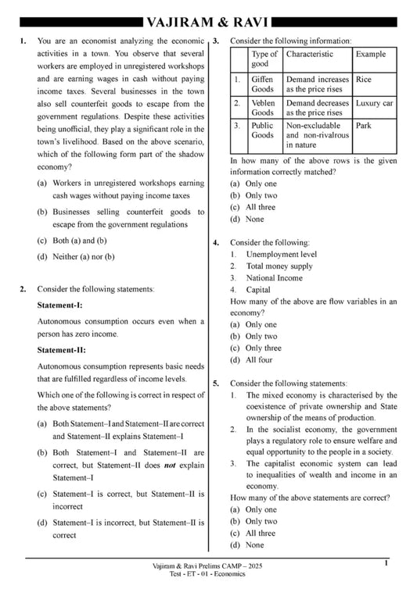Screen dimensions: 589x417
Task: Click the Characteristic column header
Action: coord(309,54)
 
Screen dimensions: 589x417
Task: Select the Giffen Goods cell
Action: coord(262,84)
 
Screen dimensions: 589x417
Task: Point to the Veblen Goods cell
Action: coord(262,108)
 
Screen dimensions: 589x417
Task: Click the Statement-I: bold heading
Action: coord(59,305)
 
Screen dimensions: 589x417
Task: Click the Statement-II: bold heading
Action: coord(60,350)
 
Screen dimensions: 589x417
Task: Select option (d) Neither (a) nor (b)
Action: coord(75,256)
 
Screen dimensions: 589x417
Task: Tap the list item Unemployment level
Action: coord(281,255)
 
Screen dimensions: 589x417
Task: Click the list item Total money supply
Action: coord(279,266)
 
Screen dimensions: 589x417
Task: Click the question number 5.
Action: coord(216,384)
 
